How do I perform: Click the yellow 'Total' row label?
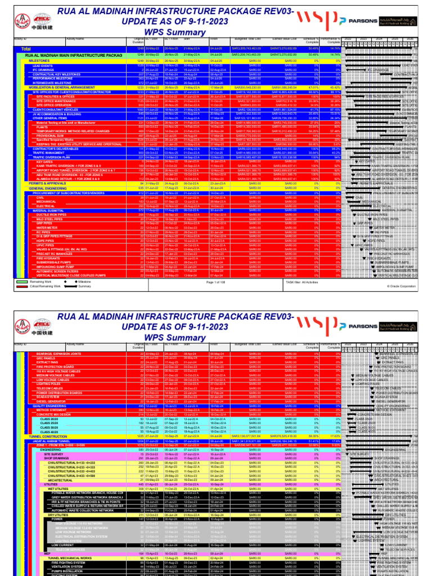point(26,49)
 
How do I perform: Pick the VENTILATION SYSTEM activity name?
point(63,566)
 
